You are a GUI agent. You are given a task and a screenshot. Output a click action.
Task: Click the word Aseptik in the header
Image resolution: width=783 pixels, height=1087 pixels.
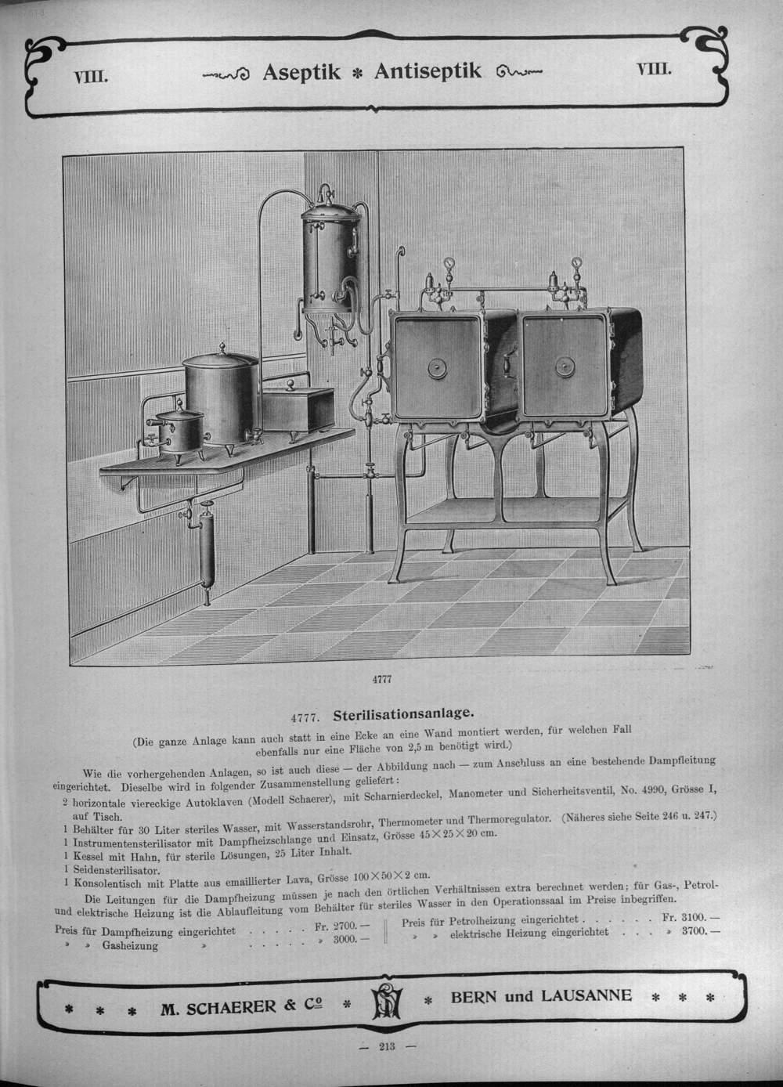click(301, 72)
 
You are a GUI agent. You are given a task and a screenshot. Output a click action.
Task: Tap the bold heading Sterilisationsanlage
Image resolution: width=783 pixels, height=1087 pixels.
click(402, 714)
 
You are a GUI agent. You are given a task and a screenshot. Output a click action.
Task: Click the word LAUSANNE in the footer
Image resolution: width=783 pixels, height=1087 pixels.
click(583, 995)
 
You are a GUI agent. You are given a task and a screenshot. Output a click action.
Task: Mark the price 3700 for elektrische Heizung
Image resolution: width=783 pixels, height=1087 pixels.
click(696, 932)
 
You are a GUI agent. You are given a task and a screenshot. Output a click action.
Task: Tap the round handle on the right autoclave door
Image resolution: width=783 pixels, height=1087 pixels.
click(564, 366)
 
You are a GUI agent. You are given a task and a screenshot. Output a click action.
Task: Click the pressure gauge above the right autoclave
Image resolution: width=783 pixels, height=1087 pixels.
click(577, 264)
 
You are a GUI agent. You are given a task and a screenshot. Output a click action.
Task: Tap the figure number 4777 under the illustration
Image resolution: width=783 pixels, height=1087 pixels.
click(381, 680)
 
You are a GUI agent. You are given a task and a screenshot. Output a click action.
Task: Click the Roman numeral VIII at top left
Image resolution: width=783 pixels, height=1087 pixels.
click(90, 77)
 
